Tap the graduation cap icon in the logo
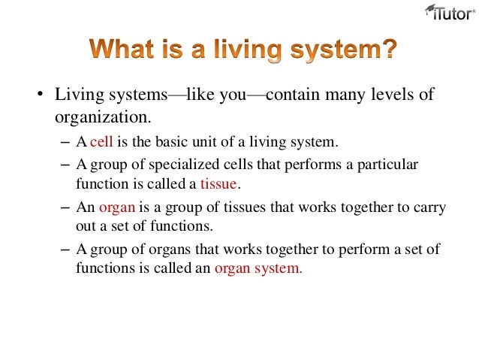pyautogui.click(x=430, y=9)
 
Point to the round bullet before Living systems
pyautogui.click(x=35, y=96)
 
